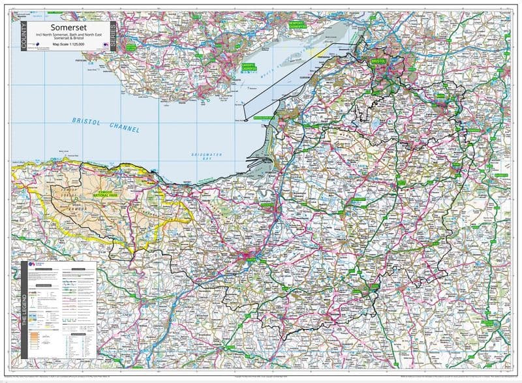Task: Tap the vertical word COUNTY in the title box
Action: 23,38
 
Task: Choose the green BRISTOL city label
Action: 378,61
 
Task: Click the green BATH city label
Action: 440,95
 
